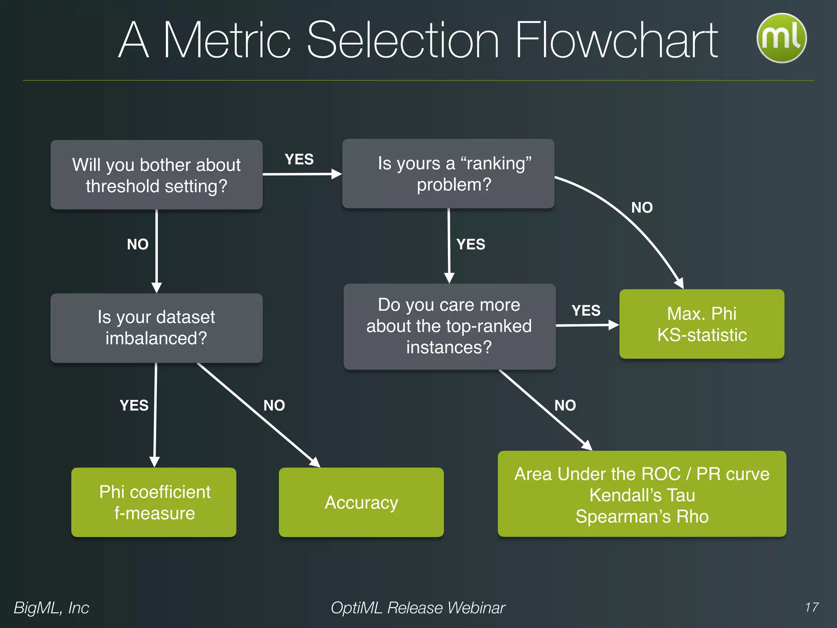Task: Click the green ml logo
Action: click(x=781, y=38)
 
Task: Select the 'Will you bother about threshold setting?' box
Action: click(x=157, y=175)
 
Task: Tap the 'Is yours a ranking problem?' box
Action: click(x=448, y=174)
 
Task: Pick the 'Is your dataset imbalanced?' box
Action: click(x=157, y=328)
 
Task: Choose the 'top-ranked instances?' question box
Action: click(x=449, y=326)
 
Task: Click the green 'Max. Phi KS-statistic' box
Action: click(x=702, y=324)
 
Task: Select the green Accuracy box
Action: click(x=361, y=502)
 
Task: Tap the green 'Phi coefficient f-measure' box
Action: click(x=154, y=502)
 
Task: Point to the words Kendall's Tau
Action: click(x=642, y=495)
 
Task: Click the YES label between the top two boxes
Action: click(x=299, y=159)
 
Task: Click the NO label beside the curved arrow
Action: click(x=642, y=208)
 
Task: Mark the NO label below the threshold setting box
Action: click(x=138, y=244)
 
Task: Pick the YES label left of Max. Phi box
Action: click(x=586, y=311)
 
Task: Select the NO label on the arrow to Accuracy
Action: click(x=274, y=406)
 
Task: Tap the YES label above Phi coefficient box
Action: click(x=134, y=406)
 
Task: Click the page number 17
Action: click(x=812, y=607)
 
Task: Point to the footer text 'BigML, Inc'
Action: click(x=51, y=608)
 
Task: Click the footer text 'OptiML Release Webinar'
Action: click(x=418, y=608)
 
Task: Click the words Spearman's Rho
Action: click(x=642, y=516)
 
